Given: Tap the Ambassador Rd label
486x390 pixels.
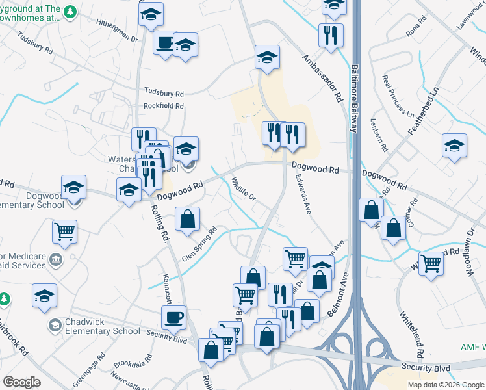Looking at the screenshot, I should pos(322,77).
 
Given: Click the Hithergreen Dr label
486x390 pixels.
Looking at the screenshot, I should pos(118,30).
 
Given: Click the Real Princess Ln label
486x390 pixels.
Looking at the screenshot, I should pos(398,97).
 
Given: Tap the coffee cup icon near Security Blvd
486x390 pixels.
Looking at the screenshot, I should pos(174,318).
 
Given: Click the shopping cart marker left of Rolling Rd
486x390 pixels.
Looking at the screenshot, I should pos(65,231).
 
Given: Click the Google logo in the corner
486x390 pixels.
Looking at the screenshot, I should pos(21,382).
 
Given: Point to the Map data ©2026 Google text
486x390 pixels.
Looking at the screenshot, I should pos(445,385).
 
